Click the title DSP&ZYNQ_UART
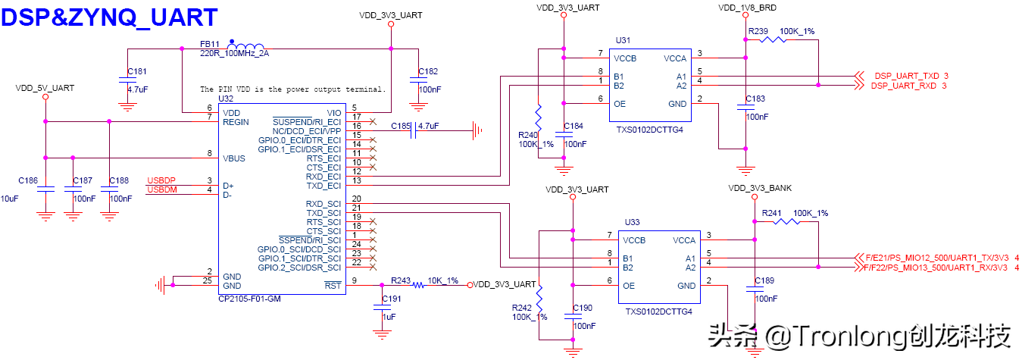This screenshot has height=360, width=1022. [x=110, y=17]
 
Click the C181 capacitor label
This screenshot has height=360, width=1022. [x=137, y=71]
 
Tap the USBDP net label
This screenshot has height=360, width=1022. [x=161, y=180]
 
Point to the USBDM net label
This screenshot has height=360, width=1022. [x=161, y=189]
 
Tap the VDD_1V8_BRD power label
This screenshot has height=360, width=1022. [x=747, y=8]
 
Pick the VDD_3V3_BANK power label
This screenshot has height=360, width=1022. [x=759, y=189]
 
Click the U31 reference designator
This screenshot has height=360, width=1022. [x=623, y=40]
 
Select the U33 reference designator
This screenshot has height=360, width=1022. [x=632, y=222]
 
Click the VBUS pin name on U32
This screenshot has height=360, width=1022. [x=234, y=158]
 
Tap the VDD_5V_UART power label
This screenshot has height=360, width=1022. [x=45, y=88]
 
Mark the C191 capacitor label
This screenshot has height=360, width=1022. [x=392, y=299]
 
